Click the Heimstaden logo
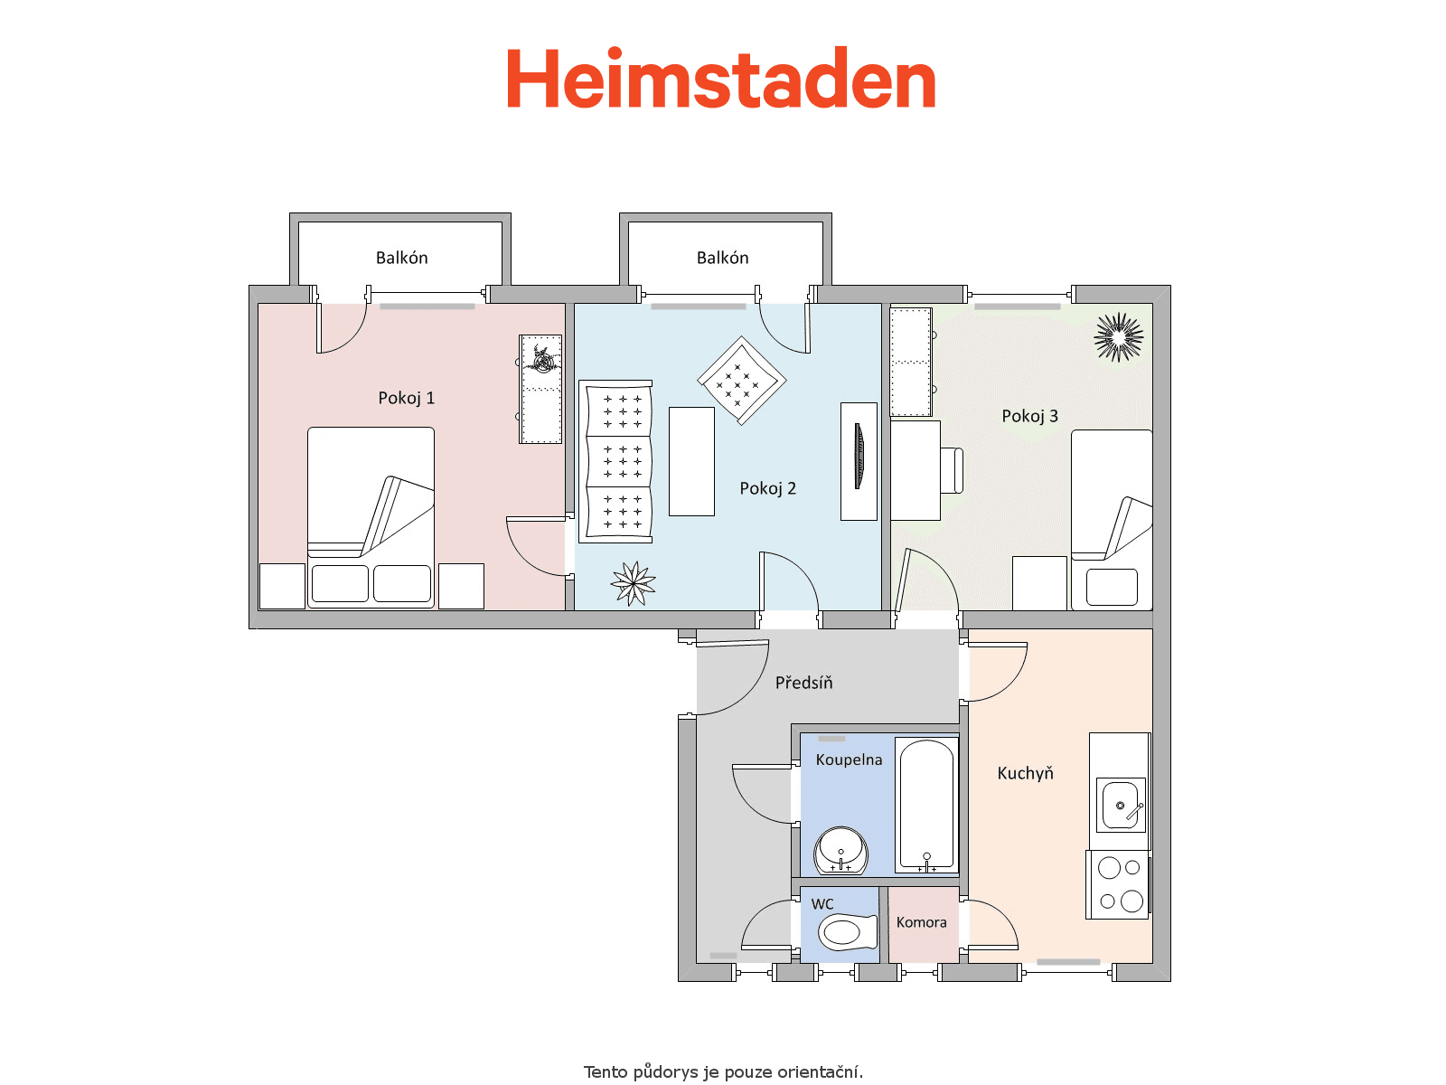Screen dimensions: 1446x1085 720,78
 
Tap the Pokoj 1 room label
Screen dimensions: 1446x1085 406,398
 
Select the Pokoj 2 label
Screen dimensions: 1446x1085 767,488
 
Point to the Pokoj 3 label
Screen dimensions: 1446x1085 1029,416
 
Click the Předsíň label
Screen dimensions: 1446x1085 803,682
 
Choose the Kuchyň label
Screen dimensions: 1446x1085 1025,773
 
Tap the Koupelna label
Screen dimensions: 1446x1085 849,759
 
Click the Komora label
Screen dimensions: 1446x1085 921,922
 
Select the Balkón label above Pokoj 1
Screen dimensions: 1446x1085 402,258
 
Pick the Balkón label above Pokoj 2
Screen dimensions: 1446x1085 723,258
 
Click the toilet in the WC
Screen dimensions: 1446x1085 848,932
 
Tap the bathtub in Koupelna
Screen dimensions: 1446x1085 927,805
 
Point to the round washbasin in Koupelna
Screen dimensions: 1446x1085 840,850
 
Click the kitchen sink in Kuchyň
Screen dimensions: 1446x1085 1121,805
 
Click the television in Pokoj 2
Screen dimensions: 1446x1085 859,456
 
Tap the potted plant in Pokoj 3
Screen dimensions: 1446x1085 1119,337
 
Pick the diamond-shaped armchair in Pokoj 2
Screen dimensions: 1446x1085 741,381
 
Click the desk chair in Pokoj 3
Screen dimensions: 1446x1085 952,470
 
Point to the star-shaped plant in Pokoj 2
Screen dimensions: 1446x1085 634,583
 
